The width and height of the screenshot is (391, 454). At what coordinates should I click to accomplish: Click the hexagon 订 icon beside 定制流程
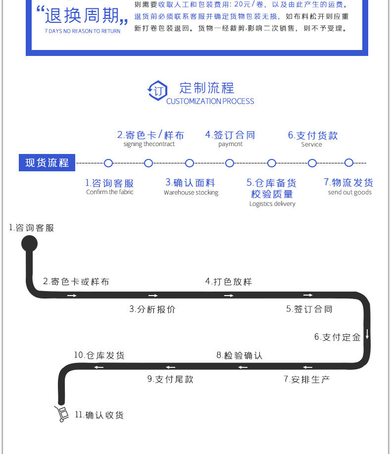pyautogui.click(x=157, y=91)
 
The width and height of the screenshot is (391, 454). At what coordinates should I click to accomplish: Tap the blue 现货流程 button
pyautogui.click(x=47, y=162)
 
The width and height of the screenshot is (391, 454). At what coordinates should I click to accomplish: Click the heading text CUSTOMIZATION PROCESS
pyautogui.click(x=210, y=101)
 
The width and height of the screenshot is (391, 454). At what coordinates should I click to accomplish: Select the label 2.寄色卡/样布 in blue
pyautogui.click(x=150, y=135)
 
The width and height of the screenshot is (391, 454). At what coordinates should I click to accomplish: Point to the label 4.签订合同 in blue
pyautogui.click(x=230, y=135)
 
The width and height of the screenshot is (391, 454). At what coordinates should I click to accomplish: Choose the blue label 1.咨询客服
pyautogui.click(x=109, y=183)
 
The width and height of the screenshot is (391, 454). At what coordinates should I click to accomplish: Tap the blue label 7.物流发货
pyautogui.click(x=348, y=182)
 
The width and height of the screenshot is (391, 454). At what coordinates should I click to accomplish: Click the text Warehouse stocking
pyautogui.click(x=191, y=193)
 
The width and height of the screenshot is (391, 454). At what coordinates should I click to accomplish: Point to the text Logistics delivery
pyautogui.click(x=272, y=204)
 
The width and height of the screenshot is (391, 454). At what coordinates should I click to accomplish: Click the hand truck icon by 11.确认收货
pyautogui.click(x=61, y=414)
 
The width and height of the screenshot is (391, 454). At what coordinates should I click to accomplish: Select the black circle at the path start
pyautogui.click(x=29, y=243)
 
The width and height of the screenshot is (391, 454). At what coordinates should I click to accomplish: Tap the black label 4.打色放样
pyautogui.click(x=229, y=282)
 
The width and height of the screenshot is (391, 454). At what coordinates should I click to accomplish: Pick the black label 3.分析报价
pyautogui.click(x=152, y=309)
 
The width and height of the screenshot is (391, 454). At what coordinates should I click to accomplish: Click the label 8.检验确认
pyautogui.click(x=239, y=355)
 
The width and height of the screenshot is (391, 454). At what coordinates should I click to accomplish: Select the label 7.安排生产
pyautogui.click(x=306, y=379)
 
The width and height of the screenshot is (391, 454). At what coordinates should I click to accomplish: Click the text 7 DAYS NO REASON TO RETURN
pyautogui.click(x=82, y=31)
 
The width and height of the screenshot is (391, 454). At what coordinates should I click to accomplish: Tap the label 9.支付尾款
pyautogui.click(x=170, y=379)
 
